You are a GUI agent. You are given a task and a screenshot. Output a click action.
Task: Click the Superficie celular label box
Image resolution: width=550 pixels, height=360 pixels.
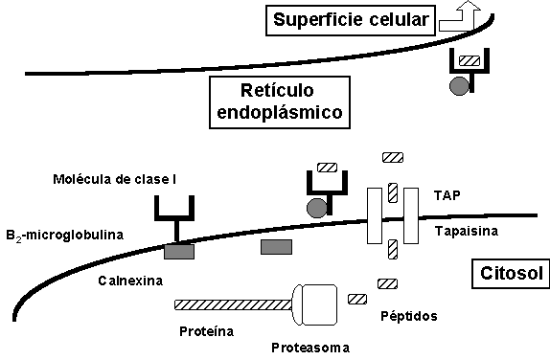[350, 19]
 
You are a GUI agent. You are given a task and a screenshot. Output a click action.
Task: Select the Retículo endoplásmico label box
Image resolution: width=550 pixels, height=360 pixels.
[276, 102]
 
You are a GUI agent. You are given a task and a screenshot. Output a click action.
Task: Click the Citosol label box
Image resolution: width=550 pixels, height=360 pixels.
[508, 275]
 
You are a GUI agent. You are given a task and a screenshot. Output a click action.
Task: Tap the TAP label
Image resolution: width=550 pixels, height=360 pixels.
[447, 194]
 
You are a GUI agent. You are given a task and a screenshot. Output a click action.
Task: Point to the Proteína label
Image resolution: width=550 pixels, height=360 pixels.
[207, 331]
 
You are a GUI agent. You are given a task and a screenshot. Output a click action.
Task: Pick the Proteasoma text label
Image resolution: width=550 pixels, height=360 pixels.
[309, 346]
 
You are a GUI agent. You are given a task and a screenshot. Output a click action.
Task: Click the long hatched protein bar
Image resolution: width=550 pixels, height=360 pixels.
[234, 304]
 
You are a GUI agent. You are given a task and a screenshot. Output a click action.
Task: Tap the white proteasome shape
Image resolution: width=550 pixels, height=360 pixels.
[316, 304]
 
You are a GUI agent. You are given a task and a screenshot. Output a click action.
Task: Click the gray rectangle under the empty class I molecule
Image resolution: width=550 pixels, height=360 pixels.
[179, 252]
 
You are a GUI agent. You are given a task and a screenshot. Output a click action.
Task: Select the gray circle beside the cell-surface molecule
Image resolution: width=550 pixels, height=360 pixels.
[460, 85]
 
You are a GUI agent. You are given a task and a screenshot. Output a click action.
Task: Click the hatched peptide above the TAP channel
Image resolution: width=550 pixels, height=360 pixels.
[393, 157]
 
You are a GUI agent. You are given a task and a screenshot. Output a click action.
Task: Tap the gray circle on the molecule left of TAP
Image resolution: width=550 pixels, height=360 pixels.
[316, 206]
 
